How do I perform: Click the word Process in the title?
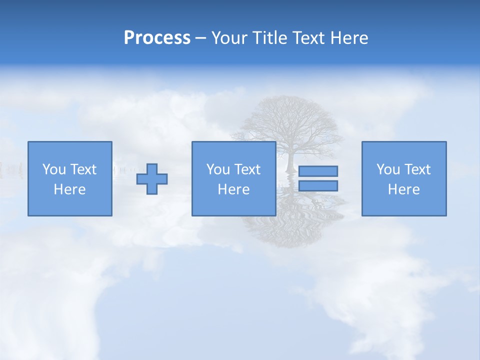(157, 38)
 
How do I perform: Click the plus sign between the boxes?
(152, 178)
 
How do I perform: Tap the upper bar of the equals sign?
(318, 171)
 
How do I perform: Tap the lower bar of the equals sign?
(318, 185)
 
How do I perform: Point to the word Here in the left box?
(70, 189)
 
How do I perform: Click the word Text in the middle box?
(247, 169)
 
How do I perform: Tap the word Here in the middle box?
(233, 189)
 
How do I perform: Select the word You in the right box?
(388, 169)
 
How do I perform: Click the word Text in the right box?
(417, 169)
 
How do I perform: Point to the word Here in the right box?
(404, 189)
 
